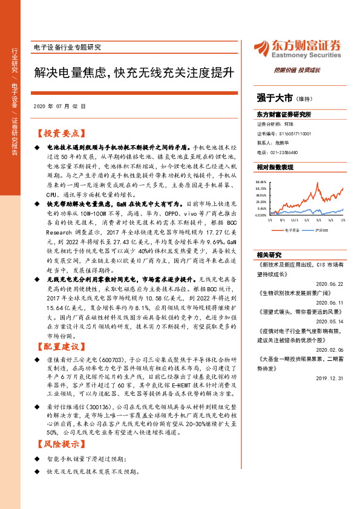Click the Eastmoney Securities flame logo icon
[x=262, y=47]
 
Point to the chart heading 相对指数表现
[x=275, y=166]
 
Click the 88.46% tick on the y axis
[x=261, y=181]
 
